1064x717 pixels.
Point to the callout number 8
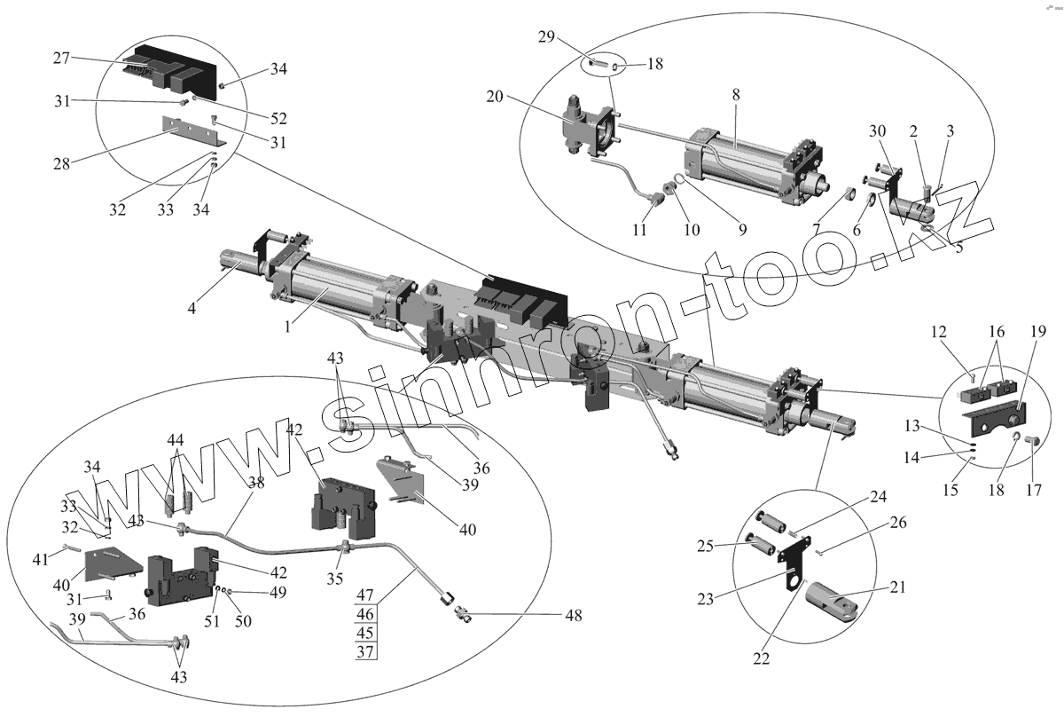click(x=737, y=94)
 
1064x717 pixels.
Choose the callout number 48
click(x=575, y=615)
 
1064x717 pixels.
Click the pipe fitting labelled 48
click(x=462, y=611)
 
